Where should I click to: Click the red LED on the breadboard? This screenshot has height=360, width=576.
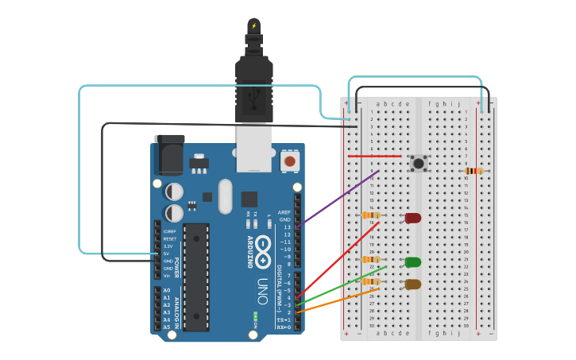[x=413, y=218]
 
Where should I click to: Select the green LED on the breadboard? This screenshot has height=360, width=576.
[x=413, y=262]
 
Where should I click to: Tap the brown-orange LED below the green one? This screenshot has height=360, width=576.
[x=413, y=285]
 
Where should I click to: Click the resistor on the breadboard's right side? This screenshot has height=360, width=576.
[x=474, y=171]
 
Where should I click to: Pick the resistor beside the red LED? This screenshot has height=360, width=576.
[x=370, y=215]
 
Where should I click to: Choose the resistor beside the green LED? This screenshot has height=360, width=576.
[x=370, y=259]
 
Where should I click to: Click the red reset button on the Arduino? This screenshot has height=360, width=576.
[x=290, y=161]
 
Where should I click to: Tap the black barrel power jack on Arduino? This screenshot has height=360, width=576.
[x=171, y=155]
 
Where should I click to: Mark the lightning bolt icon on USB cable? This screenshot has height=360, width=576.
[x=254, y=25]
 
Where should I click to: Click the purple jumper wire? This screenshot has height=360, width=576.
[x=338, y=199]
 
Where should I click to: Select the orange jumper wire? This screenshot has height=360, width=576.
[x=338, y=300]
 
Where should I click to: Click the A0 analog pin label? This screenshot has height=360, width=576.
[x=166, y=291]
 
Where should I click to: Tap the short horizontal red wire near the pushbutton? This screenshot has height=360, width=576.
[x=374, y=156]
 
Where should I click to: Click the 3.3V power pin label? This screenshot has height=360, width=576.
[x=168, y=246]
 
